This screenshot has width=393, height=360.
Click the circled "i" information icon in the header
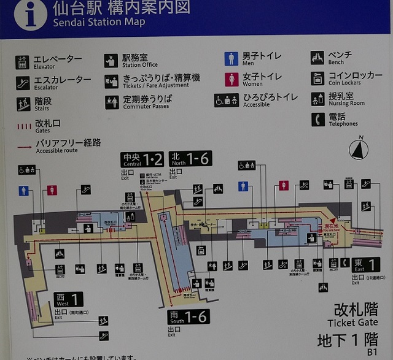[x=31, y=14]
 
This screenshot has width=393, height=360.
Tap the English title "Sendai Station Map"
[x=99, y=23]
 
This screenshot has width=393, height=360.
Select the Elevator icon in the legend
[x=23, y=61]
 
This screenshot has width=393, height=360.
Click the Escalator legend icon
[x=23, y=82]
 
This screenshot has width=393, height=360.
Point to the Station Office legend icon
[x=111, y=61]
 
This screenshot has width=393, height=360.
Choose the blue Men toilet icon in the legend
[x=232, y=59]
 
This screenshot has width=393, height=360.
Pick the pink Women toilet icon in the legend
[x=232, y=79]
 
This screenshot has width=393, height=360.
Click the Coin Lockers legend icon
[x=317, y=79]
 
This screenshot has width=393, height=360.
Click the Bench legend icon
[x=317, y=58]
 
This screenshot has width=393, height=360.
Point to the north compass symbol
[x=359, y=149]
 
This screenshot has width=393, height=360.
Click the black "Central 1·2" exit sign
[x=142, y=159]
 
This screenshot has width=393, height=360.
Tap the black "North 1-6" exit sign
[x=190, y=159]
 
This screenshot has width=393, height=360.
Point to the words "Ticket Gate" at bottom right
[x=352, y=323]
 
